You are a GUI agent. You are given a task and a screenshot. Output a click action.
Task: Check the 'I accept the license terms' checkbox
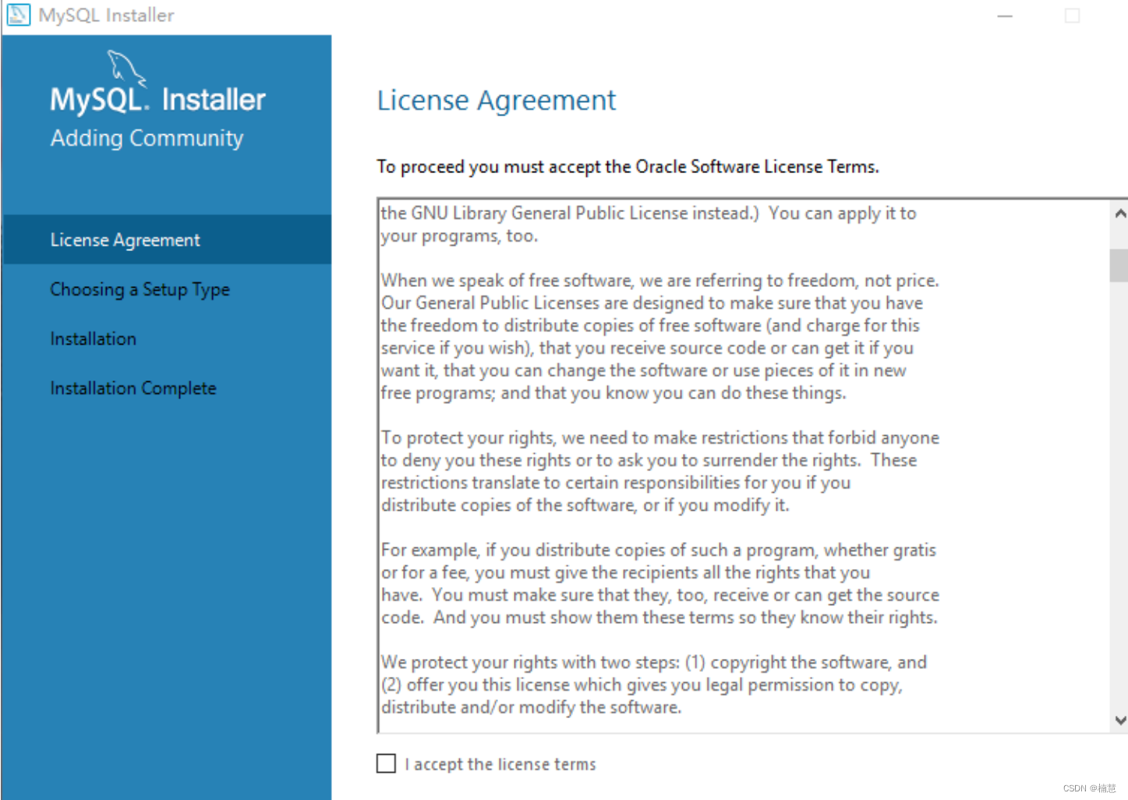click(x=386, y=763)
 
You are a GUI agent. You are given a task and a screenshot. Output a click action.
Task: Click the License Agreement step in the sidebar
click(x=125, y=240)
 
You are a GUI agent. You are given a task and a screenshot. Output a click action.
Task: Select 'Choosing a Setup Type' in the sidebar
click(x=140, y=289)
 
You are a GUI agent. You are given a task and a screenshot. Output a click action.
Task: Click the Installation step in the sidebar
click(x=93, y=338)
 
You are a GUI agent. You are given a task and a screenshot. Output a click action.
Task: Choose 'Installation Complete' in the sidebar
click(x=133, y=388)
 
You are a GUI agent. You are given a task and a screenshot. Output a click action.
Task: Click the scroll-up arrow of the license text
click(x=1119, y=214)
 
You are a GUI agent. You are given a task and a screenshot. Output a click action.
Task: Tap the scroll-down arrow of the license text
click(x=1119, y=720)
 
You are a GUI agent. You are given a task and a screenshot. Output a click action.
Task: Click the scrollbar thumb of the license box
click(x=1119, y=265)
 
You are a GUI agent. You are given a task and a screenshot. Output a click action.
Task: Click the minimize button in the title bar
click(x=1005, y=16)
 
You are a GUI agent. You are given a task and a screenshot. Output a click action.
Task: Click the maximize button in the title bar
click(x=1072, y=16)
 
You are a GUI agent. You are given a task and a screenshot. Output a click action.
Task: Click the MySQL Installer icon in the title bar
click(x=18, y=15)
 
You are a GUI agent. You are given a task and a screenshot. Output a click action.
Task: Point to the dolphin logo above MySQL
click(x=125, y=67)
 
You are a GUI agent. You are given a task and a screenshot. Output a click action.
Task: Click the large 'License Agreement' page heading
click(x=496, y=101)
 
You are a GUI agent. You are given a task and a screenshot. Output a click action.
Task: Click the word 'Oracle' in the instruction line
click(x=660, y=167)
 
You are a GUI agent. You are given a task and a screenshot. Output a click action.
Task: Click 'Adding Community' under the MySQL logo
click(x=147, y=138)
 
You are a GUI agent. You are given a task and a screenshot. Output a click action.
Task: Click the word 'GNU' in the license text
click(x=429, y=214)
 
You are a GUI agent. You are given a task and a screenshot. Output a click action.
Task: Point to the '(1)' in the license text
click(x=695, y=663)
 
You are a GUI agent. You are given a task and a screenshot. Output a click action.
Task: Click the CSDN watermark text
click(x=1089, y=788)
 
